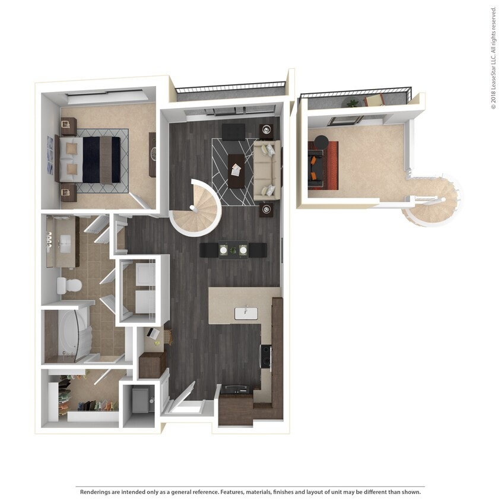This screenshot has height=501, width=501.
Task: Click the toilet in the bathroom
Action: pyautogui.click(x=68, y=285)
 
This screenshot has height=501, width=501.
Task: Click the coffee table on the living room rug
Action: pyautogui.click(x=236, y=170)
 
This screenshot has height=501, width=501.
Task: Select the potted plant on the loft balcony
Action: pyautogui.click(x=353, y=103)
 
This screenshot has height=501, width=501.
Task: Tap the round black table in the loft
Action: pyautogui.click(x=321, y=142)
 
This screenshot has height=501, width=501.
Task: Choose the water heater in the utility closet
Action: pyautogui.click(x=141, y=399)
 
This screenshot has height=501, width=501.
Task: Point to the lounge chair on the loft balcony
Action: pyautogui.click(x=375, y=100)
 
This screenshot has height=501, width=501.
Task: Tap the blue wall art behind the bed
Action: pyautogui.click(x=50, y=147)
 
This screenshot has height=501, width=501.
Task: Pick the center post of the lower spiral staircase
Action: pyautogui.click(x=192, y=207)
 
